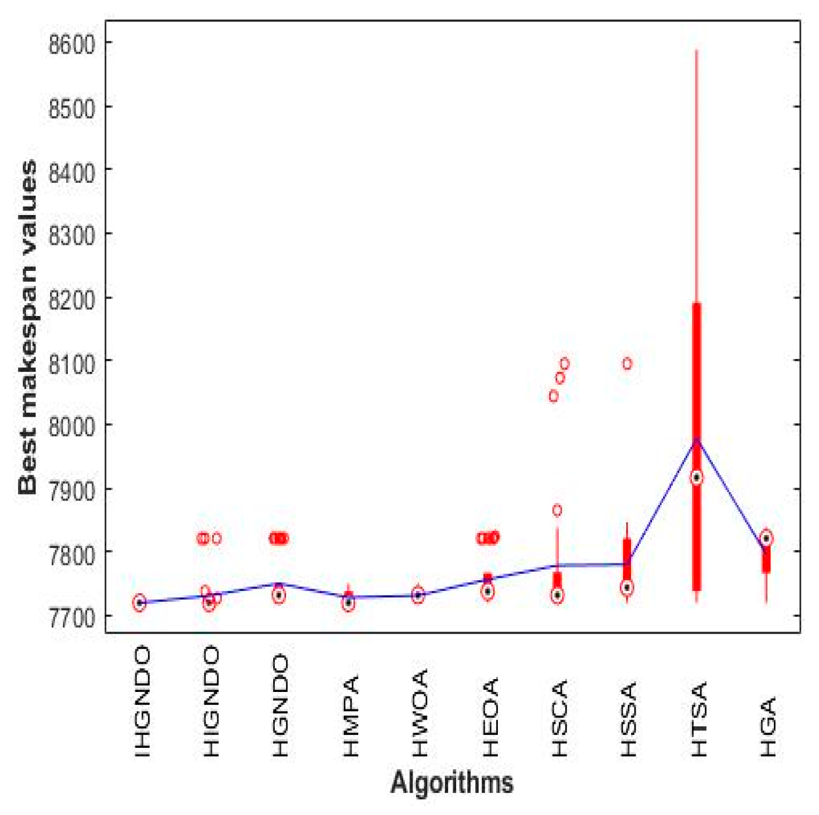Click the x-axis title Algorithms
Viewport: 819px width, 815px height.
coord(452,782)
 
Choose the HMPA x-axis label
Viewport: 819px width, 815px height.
coord(351,716)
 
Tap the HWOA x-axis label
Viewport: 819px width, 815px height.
coord(420,712)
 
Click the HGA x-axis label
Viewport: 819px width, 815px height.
coord(768,726)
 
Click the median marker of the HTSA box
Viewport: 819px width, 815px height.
coord(697,478)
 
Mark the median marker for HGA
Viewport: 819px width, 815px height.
coord(766,538)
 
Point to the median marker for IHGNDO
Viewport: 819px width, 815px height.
coord(139,603)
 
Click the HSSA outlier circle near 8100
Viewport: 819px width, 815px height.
coord(627,364)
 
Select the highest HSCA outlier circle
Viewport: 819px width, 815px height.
coord(564,364)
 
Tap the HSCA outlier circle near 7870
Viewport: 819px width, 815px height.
coord(557,511)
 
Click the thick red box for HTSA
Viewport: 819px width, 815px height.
coord(697,395)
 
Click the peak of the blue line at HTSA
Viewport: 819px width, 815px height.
coord(697,439)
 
